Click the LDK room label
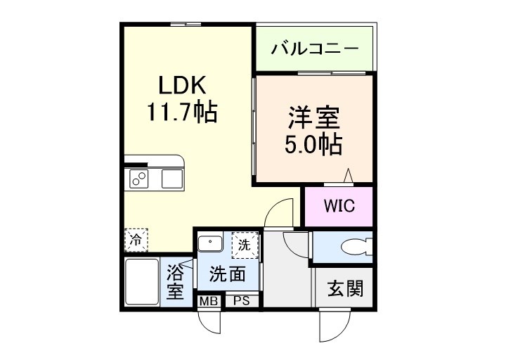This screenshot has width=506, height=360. [x=181, y=86]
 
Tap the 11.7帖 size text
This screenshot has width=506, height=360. [x=181, y=111]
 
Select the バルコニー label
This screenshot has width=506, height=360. [x=315, y=50]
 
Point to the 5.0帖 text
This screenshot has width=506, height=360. [x=313, y=144]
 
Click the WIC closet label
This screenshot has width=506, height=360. [x=339, y=206]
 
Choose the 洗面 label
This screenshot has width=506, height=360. [x=228, y=274]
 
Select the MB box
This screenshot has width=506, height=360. [x=207, y=301]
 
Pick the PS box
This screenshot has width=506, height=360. [x=242, y=301]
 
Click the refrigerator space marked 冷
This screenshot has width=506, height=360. [x=136, y=239]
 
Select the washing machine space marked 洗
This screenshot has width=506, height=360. [x=245, y=246]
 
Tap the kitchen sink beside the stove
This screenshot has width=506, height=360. [x=172, y=179]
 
